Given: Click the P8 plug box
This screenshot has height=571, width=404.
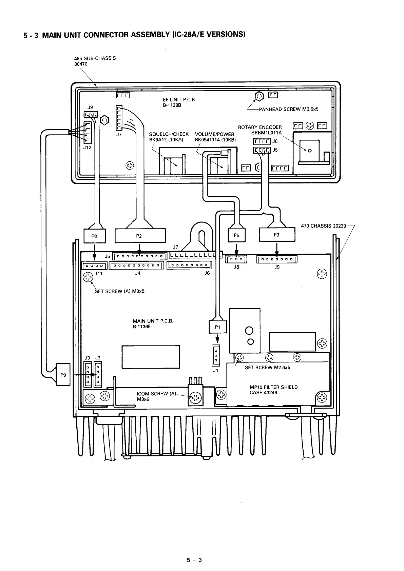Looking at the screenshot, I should [95, 236].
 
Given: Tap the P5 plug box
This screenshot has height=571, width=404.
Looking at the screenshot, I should [236, 235].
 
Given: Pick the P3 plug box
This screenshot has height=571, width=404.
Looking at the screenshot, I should [277, 235].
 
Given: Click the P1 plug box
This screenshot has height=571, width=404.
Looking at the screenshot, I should [217, 327].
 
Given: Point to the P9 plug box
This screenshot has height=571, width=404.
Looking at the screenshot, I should [63, 375].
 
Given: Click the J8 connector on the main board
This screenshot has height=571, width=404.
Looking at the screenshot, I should [236, 260].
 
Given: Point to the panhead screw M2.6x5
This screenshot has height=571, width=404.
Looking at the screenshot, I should [259, 96].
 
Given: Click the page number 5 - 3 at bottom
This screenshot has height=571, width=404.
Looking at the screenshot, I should [194, 560].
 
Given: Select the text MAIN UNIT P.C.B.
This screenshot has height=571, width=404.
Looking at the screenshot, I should [153, 321].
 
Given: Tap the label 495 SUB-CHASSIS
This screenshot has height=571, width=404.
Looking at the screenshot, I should [95, 58].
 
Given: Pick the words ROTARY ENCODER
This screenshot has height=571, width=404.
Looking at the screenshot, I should [260, 127].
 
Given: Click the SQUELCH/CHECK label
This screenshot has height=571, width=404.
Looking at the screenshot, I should [169, 134].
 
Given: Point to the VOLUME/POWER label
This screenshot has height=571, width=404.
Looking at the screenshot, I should [214, 134].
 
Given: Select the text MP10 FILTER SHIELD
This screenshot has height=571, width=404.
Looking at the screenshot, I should [273, 387].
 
